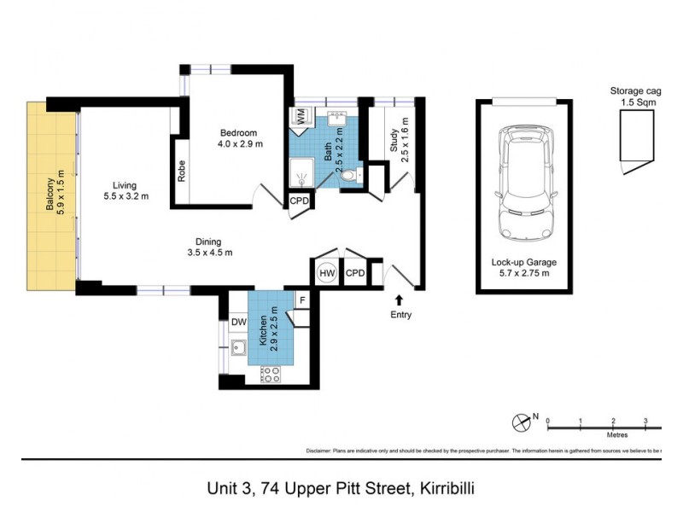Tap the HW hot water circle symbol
(326, 273)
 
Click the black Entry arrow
(399, 300)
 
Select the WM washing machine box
(301, 114)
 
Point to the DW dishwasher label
(237, 322)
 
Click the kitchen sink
(238, 346)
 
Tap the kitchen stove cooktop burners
(271, 373)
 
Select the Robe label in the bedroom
(182, 172)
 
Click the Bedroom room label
(240, 132)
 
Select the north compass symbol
(521, 422)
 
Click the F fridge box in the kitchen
(301, 300)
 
